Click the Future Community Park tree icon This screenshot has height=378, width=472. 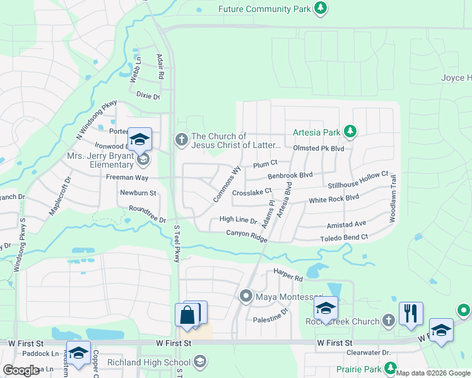tap(321, 8)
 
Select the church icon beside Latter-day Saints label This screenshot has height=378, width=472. tap(182, 139)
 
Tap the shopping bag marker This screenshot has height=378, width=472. tap(187, 315)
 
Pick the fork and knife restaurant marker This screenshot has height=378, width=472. tap(410, 313)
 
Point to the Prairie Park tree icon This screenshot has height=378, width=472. tap(392, 368)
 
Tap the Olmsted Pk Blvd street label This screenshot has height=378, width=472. tap(319, 148)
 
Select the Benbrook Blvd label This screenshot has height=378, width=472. tap(290, 176)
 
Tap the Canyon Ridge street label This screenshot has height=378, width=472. tap(247, 235)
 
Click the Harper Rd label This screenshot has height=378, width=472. tap(288, 275)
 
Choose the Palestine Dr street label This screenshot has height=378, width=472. tap(271, 311)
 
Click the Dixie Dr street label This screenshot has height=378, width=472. tap(148, 96)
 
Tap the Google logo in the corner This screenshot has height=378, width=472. tap(21, 370)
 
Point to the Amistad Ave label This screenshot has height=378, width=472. tap(346, 224)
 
